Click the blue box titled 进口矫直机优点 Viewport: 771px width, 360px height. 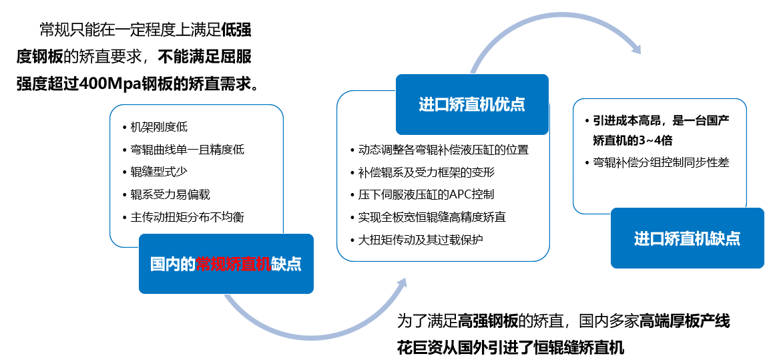pos(472,104)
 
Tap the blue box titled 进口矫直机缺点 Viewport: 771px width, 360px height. pos(688,238)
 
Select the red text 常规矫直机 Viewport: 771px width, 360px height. pos(234,264)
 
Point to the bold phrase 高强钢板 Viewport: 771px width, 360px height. pos(488,322)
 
